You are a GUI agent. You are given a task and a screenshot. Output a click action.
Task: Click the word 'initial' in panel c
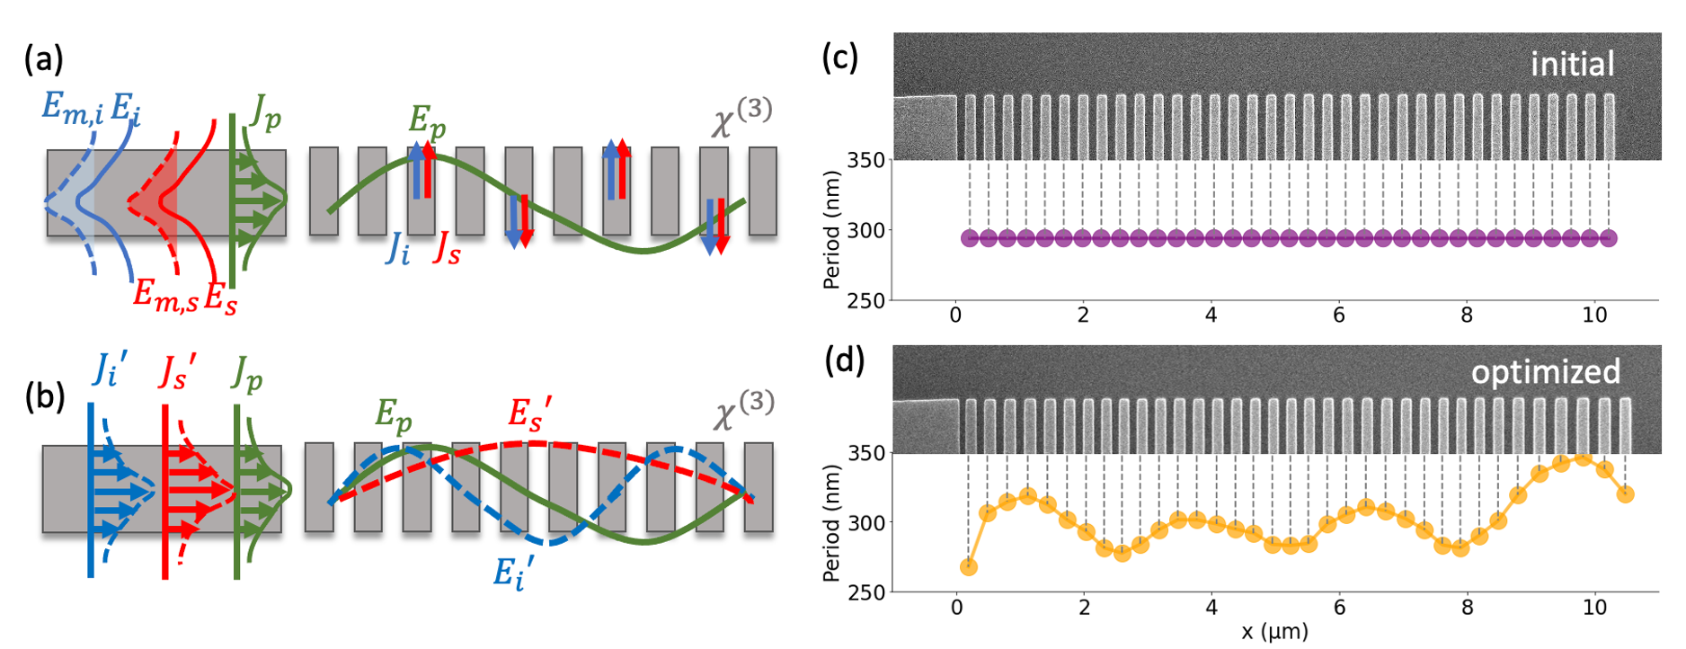click(1572, 64)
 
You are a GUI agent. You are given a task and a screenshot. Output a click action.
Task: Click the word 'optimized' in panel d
click(1545, 371)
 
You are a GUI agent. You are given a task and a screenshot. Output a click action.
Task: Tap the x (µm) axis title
click(1274, 631)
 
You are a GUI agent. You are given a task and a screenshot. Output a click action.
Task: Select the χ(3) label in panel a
click(741, 118)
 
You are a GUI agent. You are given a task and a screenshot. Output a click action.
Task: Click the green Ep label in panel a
click(426, 120)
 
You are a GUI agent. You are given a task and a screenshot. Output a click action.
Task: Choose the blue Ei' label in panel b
click(513, 572)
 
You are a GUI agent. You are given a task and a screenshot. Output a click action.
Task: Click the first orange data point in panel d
click(968, 567)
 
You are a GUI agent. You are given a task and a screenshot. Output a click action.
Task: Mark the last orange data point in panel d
click(1625, 493)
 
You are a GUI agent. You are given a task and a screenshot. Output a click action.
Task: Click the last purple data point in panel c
click(1609, 238)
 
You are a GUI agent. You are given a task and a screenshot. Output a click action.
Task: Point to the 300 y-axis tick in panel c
click(865, 230)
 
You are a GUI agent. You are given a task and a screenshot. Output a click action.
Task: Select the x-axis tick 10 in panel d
click(1594, 608)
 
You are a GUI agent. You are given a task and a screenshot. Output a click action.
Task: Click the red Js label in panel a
click(447, 252)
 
